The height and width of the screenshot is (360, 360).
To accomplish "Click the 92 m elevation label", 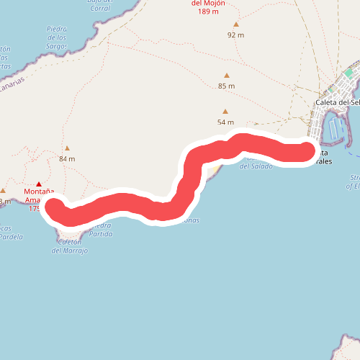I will (x=235, y=35).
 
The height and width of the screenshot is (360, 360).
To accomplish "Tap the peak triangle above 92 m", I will (x=235, y=24).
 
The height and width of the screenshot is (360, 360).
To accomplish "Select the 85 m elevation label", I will (x=226, y=86).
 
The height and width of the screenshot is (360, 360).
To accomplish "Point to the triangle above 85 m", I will (x=226, y=75).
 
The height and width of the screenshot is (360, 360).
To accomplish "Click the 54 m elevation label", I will (x=225, y=122).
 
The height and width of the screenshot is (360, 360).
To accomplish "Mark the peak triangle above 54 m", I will (x=225, y=111).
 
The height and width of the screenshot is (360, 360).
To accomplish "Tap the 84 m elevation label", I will (x=67, y=158).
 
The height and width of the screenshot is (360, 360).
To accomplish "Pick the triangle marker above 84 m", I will (x=67, y=148).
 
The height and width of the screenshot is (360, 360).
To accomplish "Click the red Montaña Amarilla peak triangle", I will (x=39, y=184).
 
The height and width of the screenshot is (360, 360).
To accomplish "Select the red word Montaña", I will (x=39, y=192).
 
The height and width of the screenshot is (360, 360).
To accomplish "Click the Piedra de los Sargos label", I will (x=56, y=37).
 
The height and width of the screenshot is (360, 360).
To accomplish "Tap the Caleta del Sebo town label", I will (x=337, y=102).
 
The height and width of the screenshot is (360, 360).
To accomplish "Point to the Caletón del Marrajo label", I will (x=70, y=246).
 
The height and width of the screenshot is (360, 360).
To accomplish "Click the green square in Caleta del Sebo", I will (x=348, y=73).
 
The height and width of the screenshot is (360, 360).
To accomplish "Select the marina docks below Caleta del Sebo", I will (x=335, y=130).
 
